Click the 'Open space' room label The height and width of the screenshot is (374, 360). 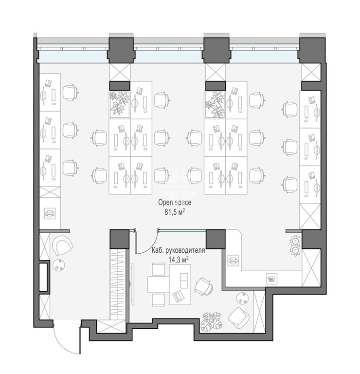[x=175, y=203]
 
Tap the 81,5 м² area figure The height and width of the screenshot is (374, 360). [x=175, y=212]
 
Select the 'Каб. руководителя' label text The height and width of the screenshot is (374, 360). [x=179, y=251]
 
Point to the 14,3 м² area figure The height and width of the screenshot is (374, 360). [x=179, y=260]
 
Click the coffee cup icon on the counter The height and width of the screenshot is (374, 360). [x=271, y=278]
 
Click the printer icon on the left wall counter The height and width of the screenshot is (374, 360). [x=50, y=213]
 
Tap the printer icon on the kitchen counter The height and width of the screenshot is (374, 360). [x=233, y=260]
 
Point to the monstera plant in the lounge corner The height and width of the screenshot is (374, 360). [x=212, y=321]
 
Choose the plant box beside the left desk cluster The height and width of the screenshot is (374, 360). [x=119, y=105]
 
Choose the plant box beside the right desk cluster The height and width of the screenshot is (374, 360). [x=215, y=105]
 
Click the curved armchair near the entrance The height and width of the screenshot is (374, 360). [x=62, y=245]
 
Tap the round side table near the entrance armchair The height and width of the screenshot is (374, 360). [x=58, y=265]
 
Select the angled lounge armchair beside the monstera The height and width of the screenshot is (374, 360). [x=239, y=318]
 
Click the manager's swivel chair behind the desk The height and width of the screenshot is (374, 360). [x=204, y=286]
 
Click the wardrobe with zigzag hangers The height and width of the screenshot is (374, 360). [x=118, y=284]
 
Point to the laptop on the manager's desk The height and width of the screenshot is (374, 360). [x=180, y=296]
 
